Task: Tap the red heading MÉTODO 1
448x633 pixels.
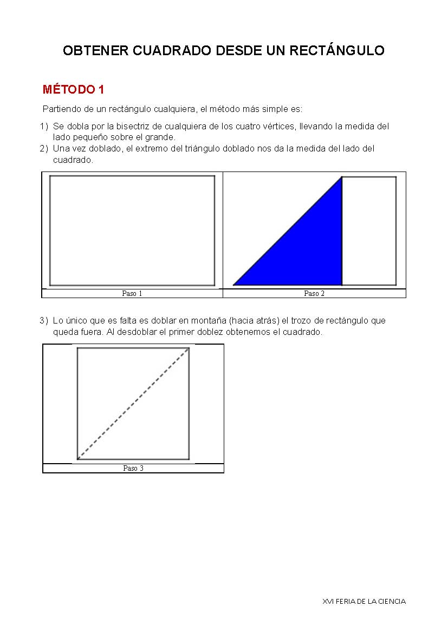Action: [73, 90]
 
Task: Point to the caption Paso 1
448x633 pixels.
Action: [132, 294]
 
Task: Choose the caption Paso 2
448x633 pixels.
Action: [314, 294]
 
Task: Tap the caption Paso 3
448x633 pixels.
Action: [133, 469]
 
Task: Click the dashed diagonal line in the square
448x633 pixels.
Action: [133, 404]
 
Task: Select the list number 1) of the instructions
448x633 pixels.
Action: [44, 127]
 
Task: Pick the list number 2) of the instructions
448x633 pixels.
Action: [44, 149]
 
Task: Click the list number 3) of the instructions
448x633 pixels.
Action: [44, 321]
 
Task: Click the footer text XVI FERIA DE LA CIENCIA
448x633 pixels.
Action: [363, 601]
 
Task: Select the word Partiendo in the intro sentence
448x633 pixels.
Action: [61, 109]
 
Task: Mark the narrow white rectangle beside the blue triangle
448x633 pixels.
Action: [369, 231]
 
